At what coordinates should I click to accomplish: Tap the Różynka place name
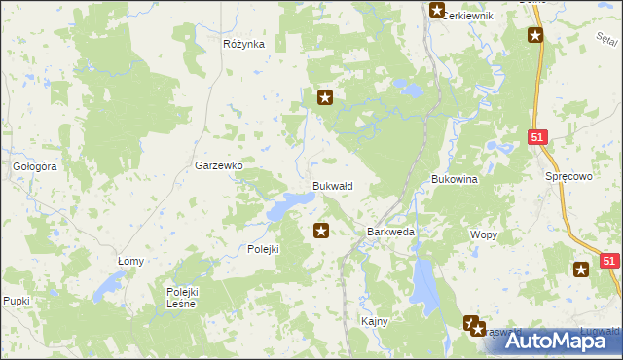(x=243, y=44)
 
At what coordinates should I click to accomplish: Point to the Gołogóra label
(x=35, y=166)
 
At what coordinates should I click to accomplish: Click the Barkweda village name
(x=390, y=233)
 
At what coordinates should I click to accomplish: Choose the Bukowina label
(x=454, y=180)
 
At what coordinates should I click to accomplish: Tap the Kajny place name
(x=375, y=321)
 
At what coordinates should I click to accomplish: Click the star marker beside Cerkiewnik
(x=437, y=11)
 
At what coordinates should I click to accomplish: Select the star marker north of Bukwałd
(x=326, y=96)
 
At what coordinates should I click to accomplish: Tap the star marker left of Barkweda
(x=320, y=231)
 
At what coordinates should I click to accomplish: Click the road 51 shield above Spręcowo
(x=537, y=139)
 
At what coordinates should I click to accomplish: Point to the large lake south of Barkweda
(x=424, y=281)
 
